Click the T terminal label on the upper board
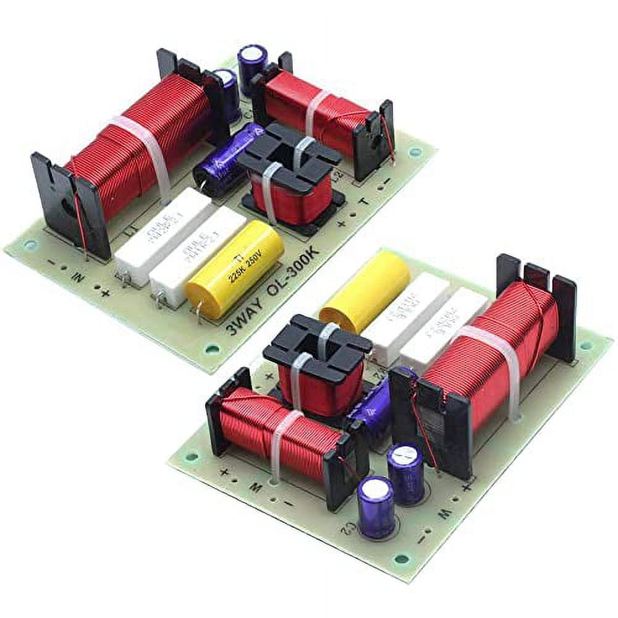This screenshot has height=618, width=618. click(365, 201)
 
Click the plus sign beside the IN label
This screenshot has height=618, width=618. click(105, 293)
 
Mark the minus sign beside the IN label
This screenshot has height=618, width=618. click(51, 262)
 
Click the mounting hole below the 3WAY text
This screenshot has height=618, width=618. click(212, 349)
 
